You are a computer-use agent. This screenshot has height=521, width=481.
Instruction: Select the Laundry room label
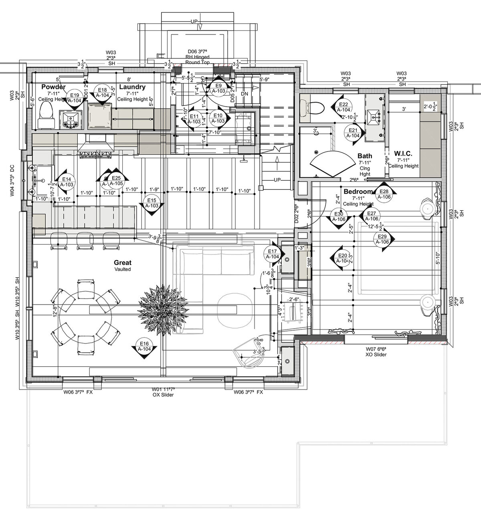(x=132, y=87)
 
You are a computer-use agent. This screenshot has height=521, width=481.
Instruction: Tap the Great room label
(x=123, y=263)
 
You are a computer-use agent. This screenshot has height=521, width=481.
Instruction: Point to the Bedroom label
(x=358, y=192)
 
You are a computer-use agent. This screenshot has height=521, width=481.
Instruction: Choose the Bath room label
(x=364, y=156)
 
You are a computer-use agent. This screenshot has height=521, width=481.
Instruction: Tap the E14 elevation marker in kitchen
(x=67, y=182)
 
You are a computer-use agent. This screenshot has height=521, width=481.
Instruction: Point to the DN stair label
(x=245, y=93)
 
